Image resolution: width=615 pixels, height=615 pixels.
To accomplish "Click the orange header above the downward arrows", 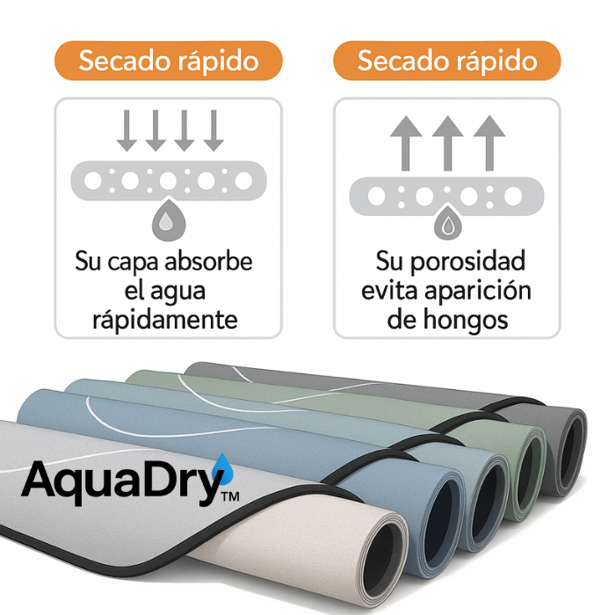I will (x=168, y=61).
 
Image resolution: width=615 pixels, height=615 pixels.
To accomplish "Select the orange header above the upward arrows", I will (x=447, y=61).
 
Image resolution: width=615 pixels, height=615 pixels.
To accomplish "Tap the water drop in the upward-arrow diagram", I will (x=447, y=224).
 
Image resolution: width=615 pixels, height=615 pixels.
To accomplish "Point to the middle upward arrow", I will (x=447, y=142).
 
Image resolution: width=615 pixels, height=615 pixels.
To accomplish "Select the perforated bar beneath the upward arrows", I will (x=447, y=195).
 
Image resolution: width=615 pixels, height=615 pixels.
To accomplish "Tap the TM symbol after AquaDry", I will (x=231, y=497).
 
